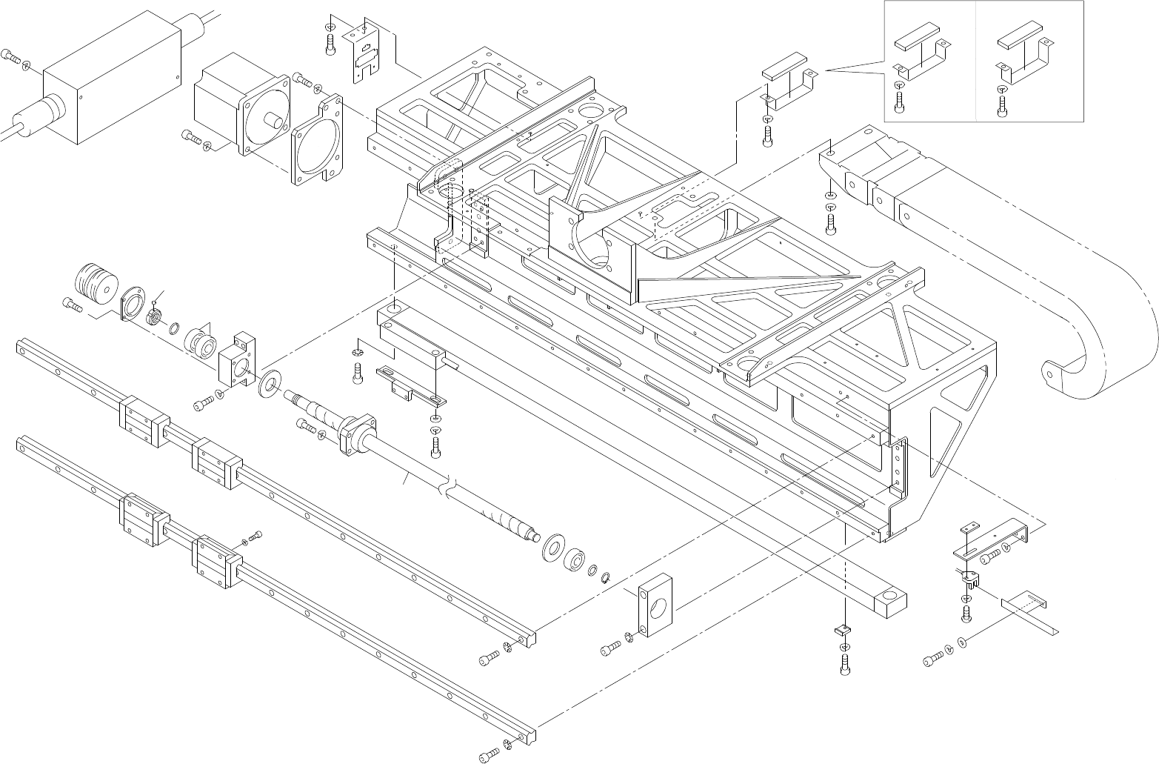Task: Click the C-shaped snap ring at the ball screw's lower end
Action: pos(606,577)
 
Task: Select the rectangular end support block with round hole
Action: pos(655,603)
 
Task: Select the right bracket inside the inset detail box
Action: pos(1023,59)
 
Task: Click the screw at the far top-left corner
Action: pos(10,55)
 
